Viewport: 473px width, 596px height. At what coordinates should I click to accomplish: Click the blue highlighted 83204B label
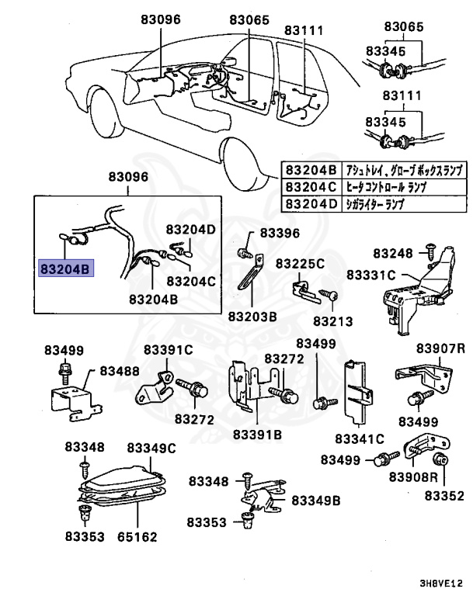[x=66, y=269]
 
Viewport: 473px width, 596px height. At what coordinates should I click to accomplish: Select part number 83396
[x=280, y=233]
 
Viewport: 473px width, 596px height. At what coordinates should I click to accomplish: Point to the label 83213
[x=333, y=321]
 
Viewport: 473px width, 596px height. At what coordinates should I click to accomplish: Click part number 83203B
[x=252, y=317]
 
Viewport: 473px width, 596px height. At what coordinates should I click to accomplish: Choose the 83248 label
[x=393, y=253]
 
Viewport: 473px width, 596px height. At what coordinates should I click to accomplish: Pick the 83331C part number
[x=371, y=275]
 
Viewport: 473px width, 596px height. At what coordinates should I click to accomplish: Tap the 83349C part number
[x=152, y=448]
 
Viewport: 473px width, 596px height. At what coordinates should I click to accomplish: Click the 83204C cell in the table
[x=310, y=187]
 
